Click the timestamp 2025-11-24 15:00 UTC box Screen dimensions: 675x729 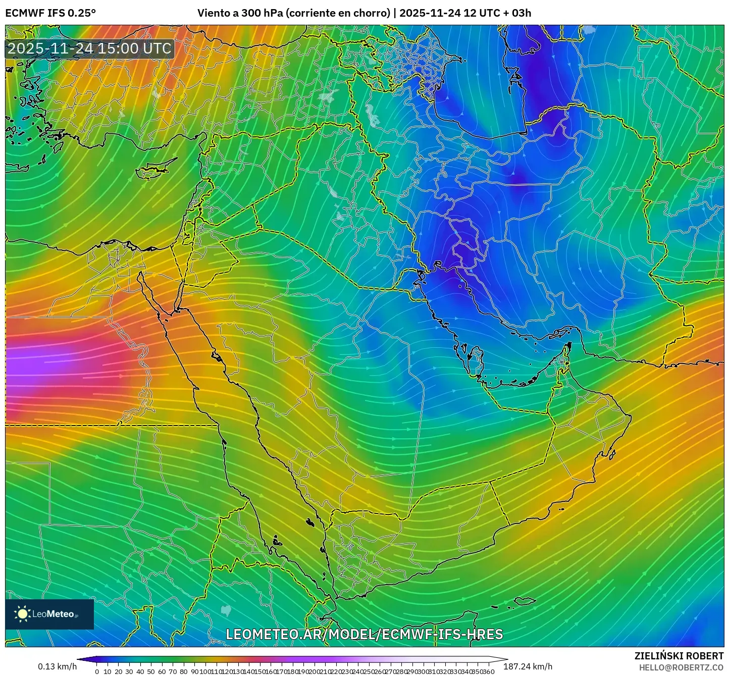click(x=89, y=48)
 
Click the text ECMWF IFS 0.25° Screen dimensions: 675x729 click(x=50, y=13)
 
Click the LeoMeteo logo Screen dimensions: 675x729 click(x=49, y=614)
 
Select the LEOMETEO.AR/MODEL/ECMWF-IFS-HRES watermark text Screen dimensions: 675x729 click(x=364, y=634)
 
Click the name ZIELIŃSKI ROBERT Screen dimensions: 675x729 click(x=679, y=656)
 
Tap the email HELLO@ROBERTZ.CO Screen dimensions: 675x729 click(x=681, y=667)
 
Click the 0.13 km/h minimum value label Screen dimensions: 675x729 click(x=57, y=666)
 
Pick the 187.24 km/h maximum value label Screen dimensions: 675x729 click(x=528, y=666)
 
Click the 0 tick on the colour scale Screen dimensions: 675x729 click(x=97, y=671)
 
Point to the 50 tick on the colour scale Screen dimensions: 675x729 click(x=151, y=671)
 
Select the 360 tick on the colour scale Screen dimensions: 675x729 click(x=488, y=671)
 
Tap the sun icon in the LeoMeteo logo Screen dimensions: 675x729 click(x=23, y=614)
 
